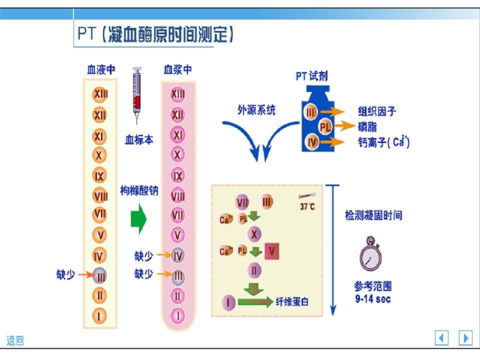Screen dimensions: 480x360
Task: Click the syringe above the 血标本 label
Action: pos(137,95)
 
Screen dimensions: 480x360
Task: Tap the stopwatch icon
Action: pos(370,254)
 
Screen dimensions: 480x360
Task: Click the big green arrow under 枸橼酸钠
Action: pos(138,219)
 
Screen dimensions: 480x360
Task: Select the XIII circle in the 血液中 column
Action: pos(100,93)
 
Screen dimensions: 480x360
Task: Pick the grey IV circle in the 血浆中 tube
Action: pos(178,255)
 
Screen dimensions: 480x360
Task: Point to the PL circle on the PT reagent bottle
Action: pos(325,126)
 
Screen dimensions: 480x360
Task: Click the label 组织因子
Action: pos(377,111)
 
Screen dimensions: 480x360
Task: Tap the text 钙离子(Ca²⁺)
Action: pos(384,141)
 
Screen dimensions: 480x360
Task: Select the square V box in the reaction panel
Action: pos(272,251)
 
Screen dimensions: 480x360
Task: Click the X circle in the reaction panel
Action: pos(254,234)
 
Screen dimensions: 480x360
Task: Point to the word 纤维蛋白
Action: pos(292,302)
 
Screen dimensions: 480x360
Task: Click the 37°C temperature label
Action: pos(307,206)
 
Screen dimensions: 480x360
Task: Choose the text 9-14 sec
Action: pos(373,299)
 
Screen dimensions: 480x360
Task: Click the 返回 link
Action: pos(15,340)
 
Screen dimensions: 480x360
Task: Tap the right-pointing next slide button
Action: pos(465,338)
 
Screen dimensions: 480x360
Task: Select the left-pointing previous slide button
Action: pos(441,338)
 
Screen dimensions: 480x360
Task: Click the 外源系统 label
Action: pos(256,110)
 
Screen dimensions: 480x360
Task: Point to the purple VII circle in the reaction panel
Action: pos(242,202)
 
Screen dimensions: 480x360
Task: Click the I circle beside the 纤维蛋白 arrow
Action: pos(228,303)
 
